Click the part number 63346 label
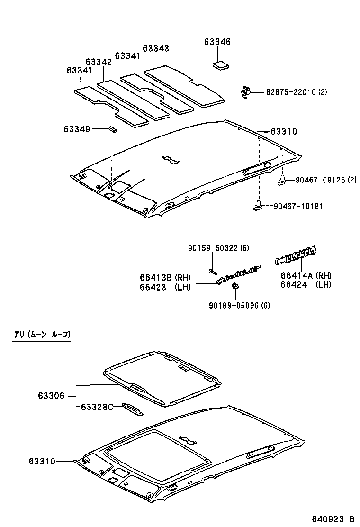[x=217, y=42]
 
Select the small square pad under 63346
[x=219, y=65]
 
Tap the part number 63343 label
[x=155, y=48]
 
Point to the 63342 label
[x=99, y=62]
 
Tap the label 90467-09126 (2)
[x=325, y=180]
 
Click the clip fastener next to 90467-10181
[x=258, y=205]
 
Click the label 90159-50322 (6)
[x=218, y=248]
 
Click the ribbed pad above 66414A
[x=296, y=255]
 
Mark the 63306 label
[x=51, y=395]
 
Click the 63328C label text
[x=97, y=407]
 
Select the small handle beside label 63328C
[x=132, y=409]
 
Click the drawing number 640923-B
[x=333, y=518]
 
